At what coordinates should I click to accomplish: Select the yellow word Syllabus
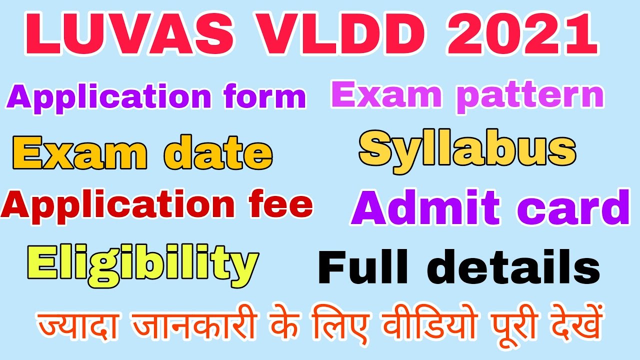(x=467, y=149)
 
